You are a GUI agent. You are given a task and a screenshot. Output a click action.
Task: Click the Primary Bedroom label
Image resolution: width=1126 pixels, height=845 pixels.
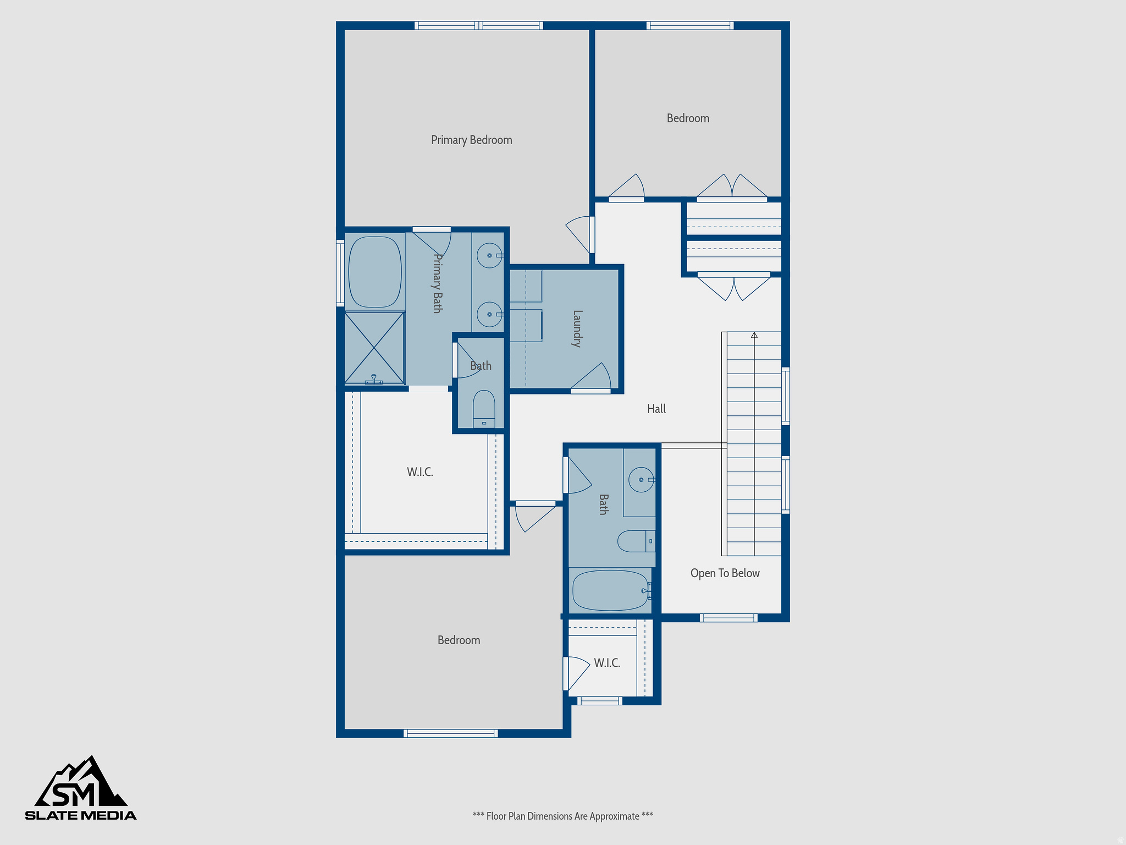(x=471, y=140)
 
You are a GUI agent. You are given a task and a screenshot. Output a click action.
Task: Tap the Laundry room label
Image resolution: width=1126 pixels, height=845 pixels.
(x=577, y=328)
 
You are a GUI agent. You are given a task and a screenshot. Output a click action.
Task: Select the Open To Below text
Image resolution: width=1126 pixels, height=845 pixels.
(x=725, y=573)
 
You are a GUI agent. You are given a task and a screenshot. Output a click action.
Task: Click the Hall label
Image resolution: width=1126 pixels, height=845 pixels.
(x=656, y=409)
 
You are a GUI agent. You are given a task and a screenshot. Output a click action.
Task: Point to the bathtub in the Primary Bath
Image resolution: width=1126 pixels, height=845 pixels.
(x=375, y=272)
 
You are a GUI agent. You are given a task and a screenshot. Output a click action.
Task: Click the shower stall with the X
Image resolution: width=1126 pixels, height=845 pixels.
(x=374, y=348)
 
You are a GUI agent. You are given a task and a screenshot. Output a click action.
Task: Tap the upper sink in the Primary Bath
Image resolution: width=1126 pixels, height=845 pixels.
(x=489, y=255)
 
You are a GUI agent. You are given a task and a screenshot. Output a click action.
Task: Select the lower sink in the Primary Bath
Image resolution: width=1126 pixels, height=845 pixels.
(x=489, y=314)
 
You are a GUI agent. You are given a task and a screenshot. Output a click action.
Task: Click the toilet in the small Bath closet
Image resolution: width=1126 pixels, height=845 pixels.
(x=484, y=408)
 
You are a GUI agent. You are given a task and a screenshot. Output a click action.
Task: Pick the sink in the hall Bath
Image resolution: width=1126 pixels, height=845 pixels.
(x=641, y=480)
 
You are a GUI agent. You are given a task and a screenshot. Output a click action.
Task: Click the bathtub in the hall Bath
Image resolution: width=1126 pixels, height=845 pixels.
(x=610, y=590)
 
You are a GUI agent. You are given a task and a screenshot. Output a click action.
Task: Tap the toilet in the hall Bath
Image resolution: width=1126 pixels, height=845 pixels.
(x=636, y=541)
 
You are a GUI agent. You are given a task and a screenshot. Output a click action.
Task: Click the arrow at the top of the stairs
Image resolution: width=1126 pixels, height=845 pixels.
(x=754, y=335)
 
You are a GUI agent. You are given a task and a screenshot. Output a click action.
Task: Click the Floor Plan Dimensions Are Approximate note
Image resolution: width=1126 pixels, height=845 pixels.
(x=562, y=816)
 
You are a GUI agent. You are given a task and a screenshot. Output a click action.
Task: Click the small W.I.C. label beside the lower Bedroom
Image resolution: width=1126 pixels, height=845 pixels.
(x=607, y=663)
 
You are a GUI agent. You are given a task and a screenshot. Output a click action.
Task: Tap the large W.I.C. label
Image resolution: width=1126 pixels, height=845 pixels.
(x=420, y=472)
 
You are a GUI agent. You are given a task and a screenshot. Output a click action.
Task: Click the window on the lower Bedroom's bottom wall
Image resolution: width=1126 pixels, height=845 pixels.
(x=450, y=733)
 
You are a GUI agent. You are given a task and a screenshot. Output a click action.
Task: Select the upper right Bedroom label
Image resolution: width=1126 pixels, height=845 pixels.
(x=688, y=118)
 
